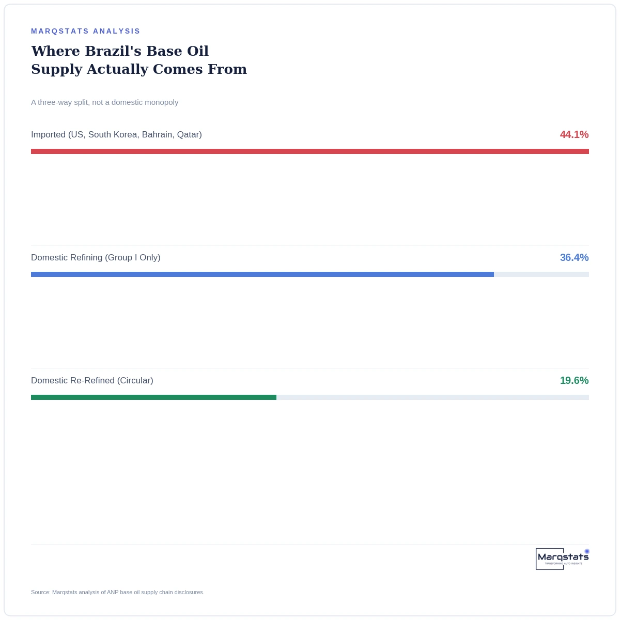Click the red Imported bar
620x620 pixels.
(309, 151)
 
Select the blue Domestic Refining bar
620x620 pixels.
(262, 274)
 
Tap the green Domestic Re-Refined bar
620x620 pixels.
(153, 397)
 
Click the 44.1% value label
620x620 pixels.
(574, 134)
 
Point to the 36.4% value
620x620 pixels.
(574, 257)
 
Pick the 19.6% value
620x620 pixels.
(574, 380)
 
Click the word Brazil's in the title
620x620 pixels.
(113, 51)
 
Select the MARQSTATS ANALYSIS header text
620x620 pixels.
(86, 31)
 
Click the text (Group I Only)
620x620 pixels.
(133, 257)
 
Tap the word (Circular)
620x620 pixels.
(135, 380)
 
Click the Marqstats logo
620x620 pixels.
(562, 559)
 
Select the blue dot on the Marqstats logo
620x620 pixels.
(586, 551)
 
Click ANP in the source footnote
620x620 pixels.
(112, 592)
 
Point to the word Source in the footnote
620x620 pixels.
(40, 592)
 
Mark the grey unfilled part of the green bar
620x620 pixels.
(432, 397)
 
